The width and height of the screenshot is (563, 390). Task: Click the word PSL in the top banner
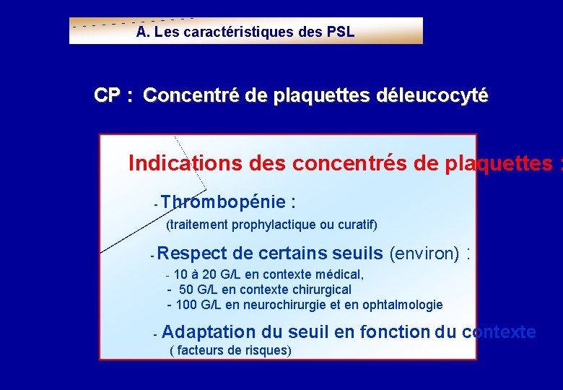pos(341,32)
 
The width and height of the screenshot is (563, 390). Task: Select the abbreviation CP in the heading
pos(108,95)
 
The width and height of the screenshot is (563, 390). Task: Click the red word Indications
pos(186,164)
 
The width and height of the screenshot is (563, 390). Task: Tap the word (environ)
pos(424,253)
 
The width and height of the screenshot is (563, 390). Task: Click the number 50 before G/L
pos(186,290)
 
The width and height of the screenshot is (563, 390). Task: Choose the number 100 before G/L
pos(187,305)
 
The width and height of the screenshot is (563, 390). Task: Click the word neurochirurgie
pos(285,305)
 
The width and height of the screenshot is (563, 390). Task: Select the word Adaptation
pos(209,332)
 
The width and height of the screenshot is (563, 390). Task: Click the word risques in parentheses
pos(267,351)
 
